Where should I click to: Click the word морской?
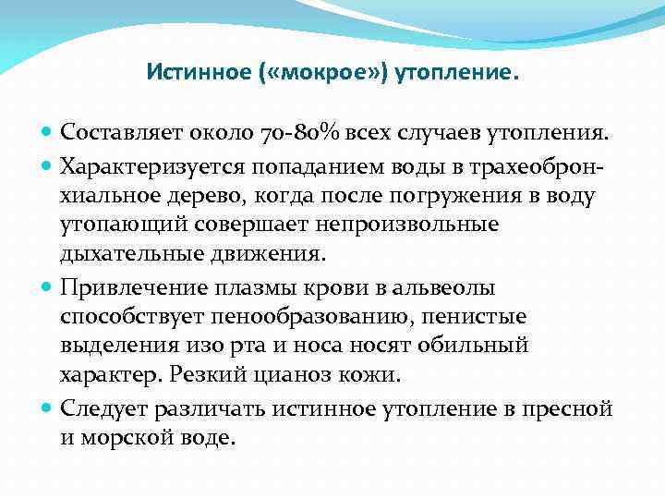(x=126, y=437)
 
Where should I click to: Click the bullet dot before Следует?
(x=48, y=407)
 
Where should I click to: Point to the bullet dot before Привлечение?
(x=48, y=287)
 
